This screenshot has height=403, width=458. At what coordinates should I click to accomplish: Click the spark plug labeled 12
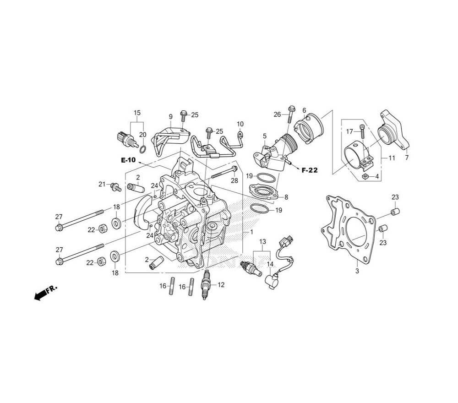[207, 285]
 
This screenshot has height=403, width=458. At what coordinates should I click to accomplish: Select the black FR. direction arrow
[41, 294]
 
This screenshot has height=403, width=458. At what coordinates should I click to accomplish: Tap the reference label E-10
[129, 160]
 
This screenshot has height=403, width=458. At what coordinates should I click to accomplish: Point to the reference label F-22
[309, 170]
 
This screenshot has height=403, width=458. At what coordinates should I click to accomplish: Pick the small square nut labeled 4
[365, 176]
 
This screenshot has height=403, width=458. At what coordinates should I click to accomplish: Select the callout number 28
[234, 181]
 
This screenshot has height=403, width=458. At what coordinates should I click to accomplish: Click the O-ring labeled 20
[142, 150]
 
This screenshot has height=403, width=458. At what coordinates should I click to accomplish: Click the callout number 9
[170, 116]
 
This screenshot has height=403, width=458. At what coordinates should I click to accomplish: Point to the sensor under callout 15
[126, 139]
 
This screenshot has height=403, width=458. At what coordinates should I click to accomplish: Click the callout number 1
[251, 232]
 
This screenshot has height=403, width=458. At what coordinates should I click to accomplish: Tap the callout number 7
[407, 158]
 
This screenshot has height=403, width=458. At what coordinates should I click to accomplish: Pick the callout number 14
[270, 264]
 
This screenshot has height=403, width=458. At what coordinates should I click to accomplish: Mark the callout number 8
[286, 197]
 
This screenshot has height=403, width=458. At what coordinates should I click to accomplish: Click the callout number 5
[265, 136]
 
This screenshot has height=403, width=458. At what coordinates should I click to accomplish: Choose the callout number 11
[392, 158]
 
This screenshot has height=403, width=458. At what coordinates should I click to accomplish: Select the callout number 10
[240, 124]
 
